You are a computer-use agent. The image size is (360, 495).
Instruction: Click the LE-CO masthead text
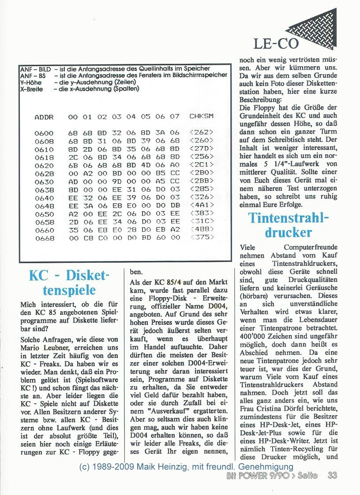pyautogui.click(x=276, y=43)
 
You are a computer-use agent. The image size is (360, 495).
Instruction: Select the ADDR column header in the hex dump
pyautogui.click(x=44, y=117)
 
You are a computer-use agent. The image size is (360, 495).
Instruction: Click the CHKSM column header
pyautogui.click(x=201, y=117)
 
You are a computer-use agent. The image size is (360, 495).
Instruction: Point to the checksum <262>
pyautogui.click(x=201, y=133)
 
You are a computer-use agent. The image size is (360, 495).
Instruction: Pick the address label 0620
pyautogui.click(x=44, y=165)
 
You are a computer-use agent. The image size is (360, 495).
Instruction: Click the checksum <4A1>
pyautogui.click(x=201, y=206)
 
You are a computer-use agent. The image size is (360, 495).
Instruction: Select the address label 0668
pyautogui.click(x=44, y=238)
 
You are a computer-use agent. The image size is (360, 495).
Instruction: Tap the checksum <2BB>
pyautogui.click(x=201, y=182)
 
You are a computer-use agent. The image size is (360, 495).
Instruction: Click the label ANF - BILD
pyautogui.click(x=35, y=69)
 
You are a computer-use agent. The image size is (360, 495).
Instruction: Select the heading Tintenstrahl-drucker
pyautogui.click(x=289, y=225)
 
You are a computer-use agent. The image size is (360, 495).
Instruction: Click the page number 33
pyautogui.click(x=332, y=475)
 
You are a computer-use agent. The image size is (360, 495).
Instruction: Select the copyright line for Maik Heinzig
pyautogui.click(x=186, y=466)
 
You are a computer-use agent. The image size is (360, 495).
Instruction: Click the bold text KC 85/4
pyautogui.click(x=164, y=282)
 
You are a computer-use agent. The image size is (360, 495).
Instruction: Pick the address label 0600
pyautogui.click(x=44, y=133)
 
